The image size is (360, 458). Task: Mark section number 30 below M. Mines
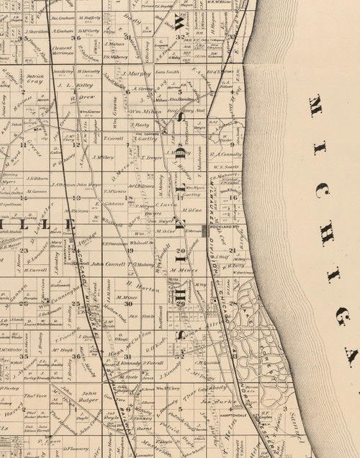click(130, 304)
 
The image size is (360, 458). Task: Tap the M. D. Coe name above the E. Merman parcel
click(167, 232)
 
